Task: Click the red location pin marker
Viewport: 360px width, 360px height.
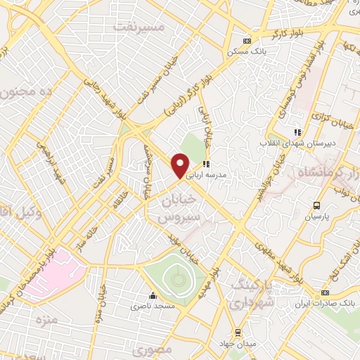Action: [x=181, y=166]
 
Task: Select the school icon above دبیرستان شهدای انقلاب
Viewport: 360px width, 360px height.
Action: [x=297, y=131]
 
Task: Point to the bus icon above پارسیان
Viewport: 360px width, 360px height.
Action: [x=316, y=205]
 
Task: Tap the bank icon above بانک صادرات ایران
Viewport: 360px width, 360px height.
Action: [x=325, y=292]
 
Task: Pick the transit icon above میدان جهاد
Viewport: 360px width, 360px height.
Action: [x=238, y=332]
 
